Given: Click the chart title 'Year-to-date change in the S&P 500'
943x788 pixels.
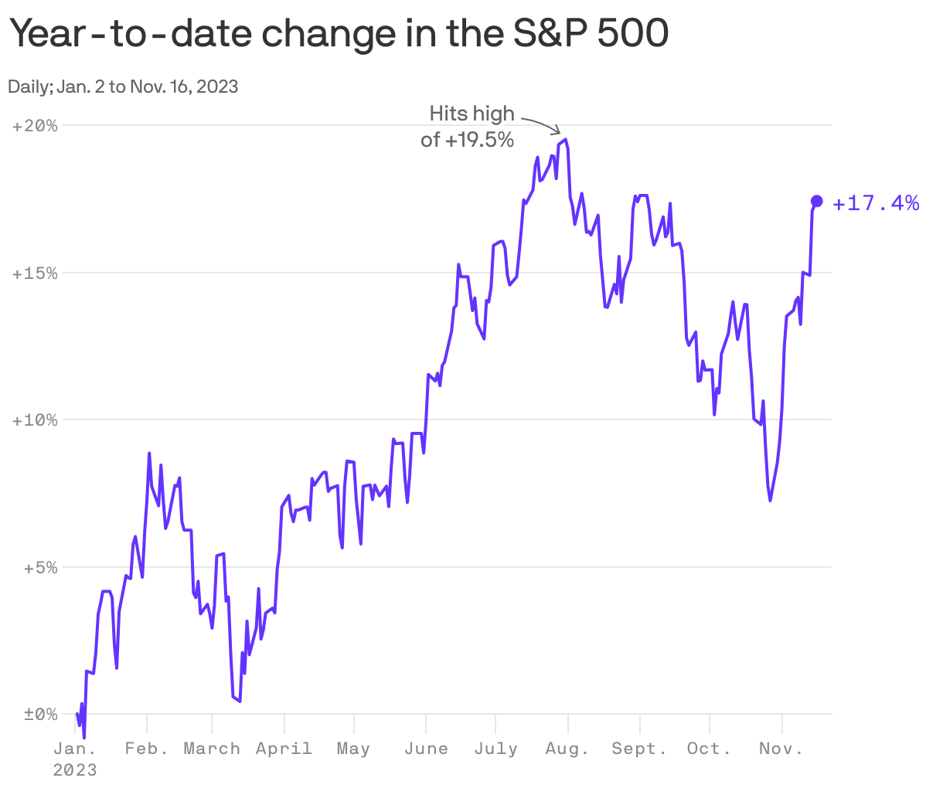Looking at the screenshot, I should pos(338,34).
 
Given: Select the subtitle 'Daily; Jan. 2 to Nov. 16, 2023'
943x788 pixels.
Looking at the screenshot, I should pos(123,87).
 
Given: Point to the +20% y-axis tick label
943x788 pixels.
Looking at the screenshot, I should pos(36,126).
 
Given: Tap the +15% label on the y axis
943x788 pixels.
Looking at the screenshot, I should pos(36,273).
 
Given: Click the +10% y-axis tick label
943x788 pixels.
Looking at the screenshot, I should pos(36,420).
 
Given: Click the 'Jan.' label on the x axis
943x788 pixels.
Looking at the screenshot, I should pos(75,749).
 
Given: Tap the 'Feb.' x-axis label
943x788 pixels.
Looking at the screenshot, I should pos(147,749).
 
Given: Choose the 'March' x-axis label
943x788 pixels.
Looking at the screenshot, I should pos(212,749).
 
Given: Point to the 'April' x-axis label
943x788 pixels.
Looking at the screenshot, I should pos(284,749).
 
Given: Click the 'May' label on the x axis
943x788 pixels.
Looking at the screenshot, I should pos(353,749).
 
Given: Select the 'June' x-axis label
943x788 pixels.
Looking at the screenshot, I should pos(426,749).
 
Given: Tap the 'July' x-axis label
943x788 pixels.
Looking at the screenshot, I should pos(495,749).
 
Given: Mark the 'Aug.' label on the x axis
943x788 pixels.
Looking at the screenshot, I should pos(567,749).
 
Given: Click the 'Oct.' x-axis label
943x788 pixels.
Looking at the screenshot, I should pos(709,749).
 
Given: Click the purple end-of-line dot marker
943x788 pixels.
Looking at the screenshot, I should pos(816,201).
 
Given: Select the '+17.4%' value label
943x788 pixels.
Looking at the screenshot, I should pos(876,203).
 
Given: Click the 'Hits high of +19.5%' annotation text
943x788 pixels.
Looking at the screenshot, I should pos(468,127).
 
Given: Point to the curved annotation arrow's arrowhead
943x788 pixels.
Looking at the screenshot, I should pos(558,132).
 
